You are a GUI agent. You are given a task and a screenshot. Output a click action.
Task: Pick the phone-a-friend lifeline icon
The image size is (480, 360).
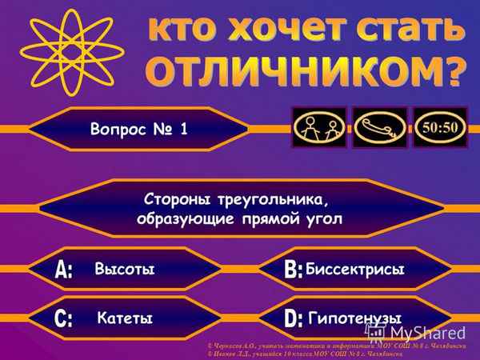click(x=380, y=127)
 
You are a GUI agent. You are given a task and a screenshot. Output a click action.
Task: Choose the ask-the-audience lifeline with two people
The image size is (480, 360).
click(x=319, y=127)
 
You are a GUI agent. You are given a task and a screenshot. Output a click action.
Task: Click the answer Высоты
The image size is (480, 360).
click(x=123, y=269)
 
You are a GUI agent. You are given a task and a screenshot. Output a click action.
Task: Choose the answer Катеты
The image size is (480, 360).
click(x=124, y=318)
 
